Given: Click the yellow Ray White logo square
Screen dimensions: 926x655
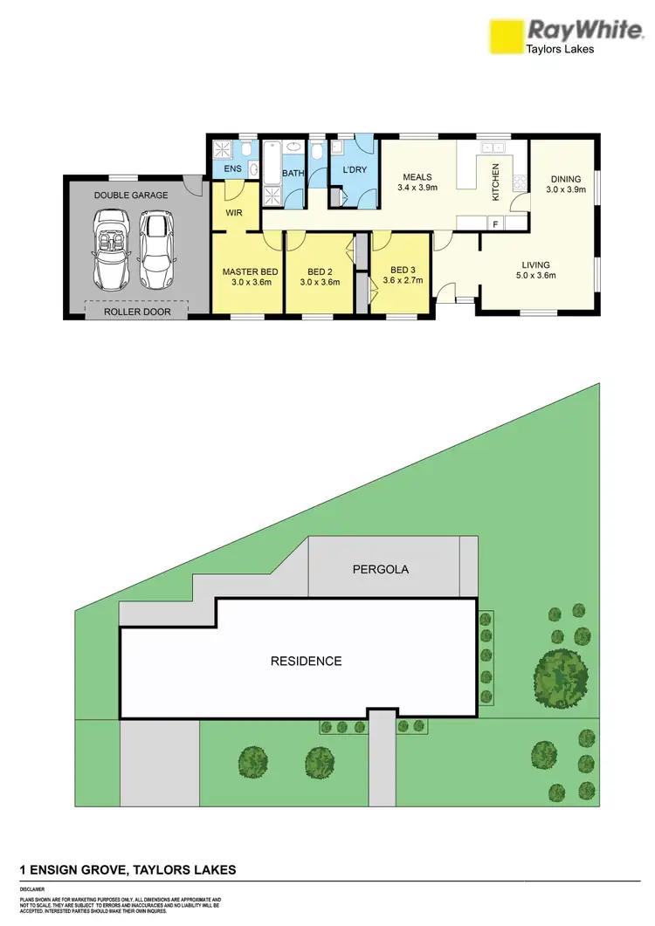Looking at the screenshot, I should [504, 38].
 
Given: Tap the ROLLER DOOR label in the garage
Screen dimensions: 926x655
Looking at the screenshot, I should [135, 311].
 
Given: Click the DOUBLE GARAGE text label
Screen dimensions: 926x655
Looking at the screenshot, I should [131, 195].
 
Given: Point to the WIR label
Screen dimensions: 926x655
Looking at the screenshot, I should [233, 212].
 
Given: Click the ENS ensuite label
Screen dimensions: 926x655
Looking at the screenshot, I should [232, 168].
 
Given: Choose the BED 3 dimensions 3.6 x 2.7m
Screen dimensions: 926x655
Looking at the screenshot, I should [403, 280].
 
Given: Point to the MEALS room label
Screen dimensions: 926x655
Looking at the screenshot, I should [417, 175].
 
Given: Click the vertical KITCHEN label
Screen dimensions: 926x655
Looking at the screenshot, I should [495, 182].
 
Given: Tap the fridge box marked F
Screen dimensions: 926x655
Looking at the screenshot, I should [496, 223].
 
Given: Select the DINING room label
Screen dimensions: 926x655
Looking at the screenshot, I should [565, 180].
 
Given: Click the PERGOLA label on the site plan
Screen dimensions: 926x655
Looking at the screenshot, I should [380, 569].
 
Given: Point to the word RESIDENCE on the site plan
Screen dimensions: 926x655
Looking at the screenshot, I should [306, 661].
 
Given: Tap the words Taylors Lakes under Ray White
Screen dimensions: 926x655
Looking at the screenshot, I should [559, 50].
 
